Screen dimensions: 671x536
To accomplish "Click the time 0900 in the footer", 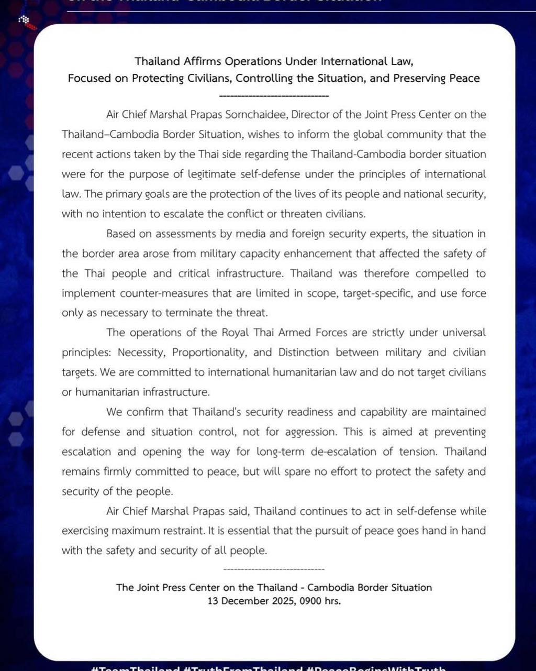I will click(x=311, y=601).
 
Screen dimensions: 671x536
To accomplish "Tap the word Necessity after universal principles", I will click(x=141, y=353).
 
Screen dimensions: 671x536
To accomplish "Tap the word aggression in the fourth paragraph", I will click(x=310, y=432).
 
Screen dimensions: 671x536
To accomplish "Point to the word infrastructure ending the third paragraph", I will click(x=180, y=392).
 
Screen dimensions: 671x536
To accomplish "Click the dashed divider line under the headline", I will click(x=274, y=96).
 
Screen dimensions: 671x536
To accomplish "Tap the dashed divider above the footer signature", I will click(x=274, y=569).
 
